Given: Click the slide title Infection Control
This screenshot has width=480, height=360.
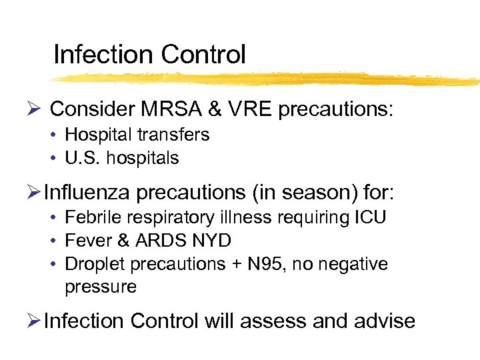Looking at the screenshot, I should click(x=149, y=54).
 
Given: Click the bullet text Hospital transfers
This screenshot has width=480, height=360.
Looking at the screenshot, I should click(x=137, y=135).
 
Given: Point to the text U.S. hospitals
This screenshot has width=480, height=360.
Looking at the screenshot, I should click(x=121, y=158).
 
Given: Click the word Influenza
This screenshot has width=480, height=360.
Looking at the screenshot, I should click(x=89, y=193).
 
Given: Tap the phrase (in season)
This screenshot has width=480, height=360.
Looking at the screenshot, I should click(x=305, y=193).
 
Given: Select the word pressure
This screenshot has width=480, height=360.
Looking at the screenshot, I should click(x=100, y=287).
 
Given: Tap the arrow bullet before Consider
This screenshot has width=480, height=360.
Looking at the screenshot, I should click(x=37, y=109).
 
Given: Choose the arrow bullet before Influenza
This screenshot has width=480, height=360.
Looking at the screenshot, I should click(x=37, y=194).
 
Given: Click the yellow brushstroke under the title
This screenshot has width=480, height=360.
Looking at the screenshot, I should click(x=267, y=79).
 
